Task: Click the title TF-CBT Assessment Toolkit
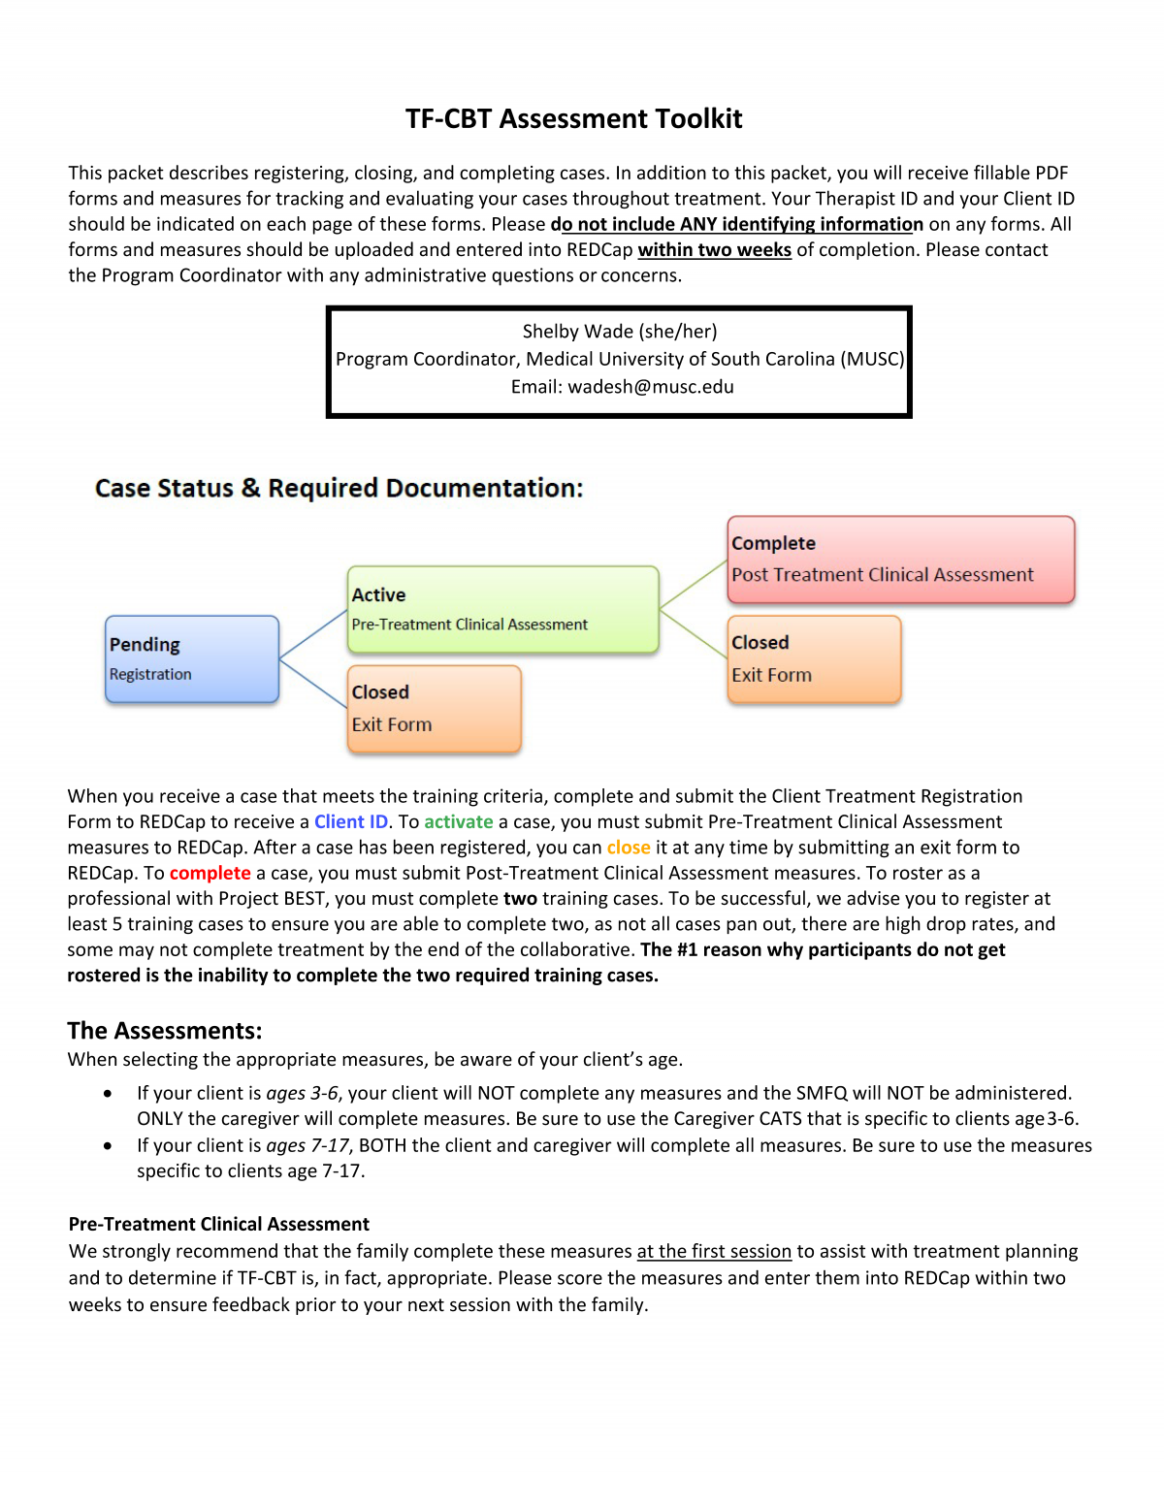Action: click(x=573, y=118)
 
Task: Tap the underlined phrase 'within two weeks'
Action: click(x=714, y=250)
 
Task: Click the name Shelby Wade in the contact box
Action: click(x=577, y=332)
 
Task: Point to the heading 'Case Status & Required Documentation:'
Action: click(x=339, y=488)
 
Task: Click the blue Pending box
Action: click(x=192, y=659)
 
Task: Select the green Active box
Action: click(x=502, y=609)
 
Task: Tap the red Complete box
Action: click(x=900, y=560)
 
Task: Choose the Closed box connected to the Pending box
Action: click(x=434, y=709)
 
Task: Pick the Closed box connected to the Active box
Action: click(x=814, y=659)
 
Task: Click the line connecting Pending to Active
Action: click(x=313, y=634)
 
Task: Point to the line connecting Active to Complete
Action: click(x=694, y=584)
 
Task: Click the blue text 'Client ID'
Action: click(x=350, y=822)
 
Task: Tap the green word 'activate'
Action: click(x=458, y=822)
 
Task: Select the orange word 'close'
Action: click(x=629, y=848)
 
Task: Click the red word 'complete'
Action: click(x=210, y=873)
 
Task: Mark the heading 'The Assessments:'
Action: click(x=164, y=1030)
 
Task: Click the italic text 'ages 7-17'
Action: click(x=307, y=1145)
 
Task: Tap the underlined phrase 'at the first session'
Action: click(x=714, y=1252)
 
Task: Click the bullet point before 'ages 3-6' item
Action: click(x=107, y=1094)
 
